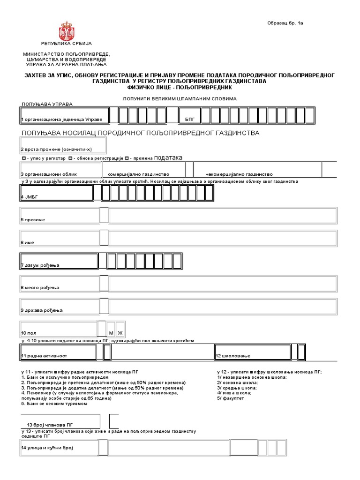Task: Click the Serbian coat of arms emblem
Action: pos(66,30)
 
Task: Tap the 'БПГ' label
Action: pos(189,120)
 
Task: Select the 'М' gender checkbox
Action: pos(111,332)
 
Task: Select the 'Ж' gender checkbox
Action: pos(120,332)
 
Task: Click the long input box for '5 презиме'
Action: pos(223,215)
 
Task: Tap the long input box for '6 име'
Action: pos(223,238)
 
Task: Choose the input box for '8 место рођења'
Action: pos(223,284)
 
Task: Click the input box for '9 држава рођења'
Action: pos(223,306)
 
